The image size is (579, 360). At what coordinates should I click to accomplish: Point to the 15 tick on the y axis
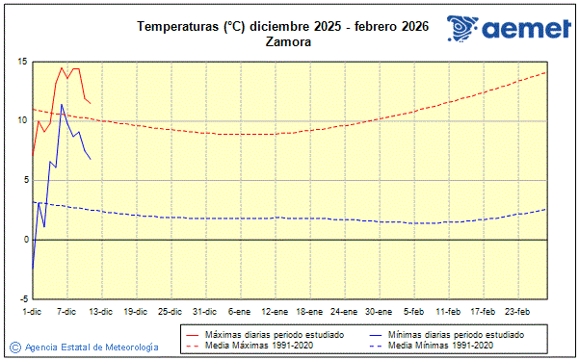(20, 62)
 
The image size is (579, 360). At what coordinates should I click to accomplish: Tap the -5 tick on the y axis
(20, 298)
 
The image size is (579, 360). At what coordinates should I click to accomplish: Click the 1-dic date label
(33, 311)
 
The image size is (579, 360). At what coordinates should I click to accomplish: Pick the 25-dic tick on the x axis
(170, 311)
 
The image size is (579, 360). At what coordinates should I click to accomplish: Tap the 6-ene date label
(239, 311)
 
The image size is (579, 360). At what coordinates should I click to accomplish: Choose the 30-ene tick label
(379, 311)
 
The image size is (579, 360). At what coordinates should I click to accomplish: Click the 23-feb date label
(517, 311)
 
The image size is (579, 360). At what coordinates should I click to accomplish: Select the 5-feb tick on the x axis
(414, 311)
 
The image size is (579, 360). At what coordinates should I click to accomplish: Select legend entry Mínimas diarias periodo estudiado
(456, 333)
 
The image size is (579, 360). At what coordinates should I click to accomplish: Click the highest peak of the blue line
(62, 104)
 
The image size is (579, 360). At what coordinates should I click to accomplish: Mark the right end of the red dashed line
(546, 72)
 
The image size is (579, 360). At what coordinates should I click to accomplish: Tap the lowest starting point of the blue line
(33, 272)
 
